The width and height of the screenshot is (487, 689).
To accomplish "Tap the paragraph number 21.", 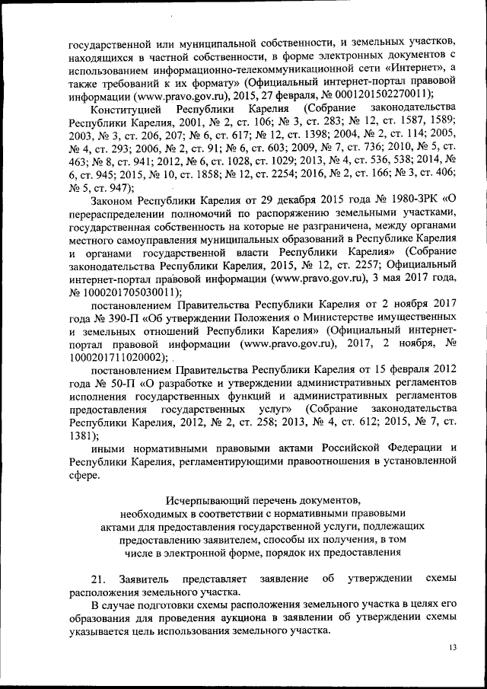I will click(97, 579).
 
